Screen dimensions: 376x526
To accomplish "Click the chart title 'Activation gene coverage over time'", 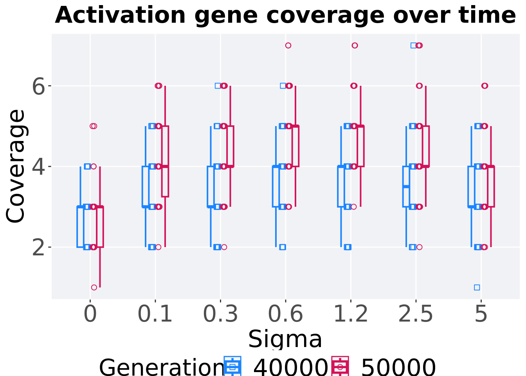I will (x=285, y=16).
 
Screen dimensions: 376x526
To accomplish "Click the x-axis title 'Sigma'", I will (x=285, y=339).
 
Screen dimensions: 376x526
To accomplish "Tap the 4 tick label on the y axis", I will (x=39, y=167).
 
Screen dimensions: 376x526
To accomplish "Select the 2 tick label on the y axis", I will (x=39, y=248).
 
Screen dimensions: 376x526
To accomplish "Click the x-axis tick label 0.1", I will (x=155, y=314).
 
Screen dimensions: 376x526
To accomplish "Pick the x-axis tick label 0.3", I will (x=220, y=314).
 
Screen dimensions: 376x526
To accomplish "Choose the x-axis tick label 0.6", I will (x=285, y=314).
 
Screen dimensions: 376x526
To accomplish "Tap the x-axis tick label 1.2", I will (x=351, y=314).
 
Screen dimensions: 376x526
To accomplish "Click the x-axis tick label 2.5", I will (x=416, y=314).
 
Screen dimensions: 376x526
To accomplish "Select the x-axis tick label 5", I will (x=481, y=314).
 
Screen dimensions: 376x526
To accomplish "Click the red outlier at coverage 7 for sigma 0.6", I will (x=288, y=45).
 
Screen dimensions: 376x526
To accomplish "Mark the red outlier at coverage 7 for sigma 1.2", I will (x=355, y=45).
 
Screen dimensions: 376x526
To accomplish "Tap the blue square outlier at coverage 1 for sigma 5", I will (x=477, y=287).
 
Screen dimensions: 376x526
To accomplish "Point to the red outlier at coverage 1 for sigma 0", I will (x=94, y=287).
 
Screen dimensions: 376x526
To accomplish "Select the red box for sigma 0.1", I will (x=165, y=161).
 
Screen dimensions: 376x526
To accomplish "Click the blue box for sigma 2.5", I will (x=406, y=186).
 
